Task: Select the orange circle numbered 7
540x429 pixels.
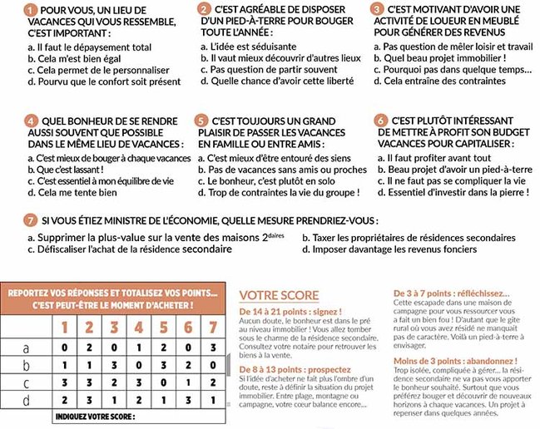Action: pos(30,221)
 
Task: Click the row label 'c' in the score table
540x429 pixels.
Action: pos(24,382)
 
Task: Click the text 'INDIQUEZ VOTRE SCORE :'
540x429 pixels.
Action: pos(92,416)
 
